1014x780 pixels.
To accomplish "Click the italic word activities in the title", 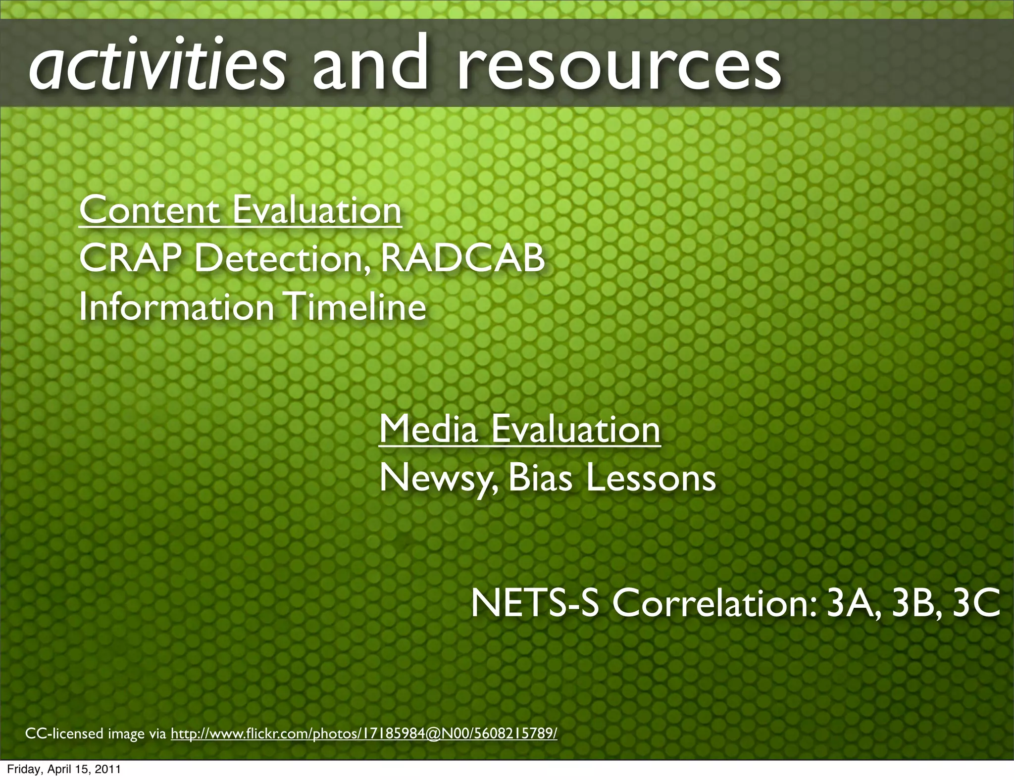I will pos(157,65).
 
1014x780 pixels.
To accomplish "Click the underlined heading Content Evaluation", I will pos(240,210).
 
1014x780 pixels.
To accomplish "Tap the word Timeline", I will pos(356,306).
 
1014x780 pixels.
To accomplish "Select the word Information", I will pos(176,306).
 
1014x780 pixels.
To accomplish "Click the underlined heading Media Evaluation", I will pos(519,429).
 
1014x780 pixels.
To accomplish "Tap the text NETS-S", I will pos(535,603).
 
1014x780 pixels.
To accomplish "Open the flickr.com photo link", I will pos(364,733).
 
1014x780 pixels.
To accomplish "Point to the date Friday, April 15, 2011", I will pos(64,770).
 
